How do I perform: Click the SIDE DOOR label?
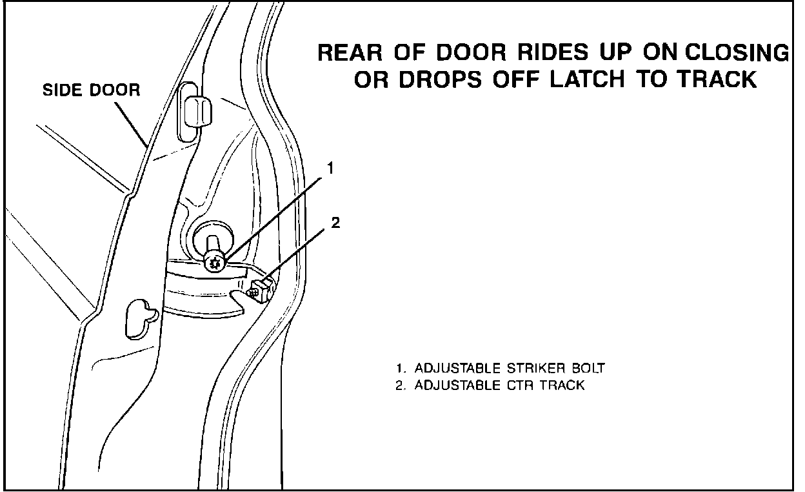[91, 90]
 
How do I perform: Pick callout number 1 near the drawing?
[329, 169]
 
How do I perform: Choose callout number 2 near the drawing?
[335, 223]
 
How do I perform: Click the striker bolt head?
[214, 262]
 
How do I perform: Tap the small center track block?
[261, 287]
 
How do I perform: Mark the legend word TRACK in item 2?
[562, 386]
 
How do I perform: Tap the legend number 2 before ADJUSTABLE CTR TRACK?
[400, 386]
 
